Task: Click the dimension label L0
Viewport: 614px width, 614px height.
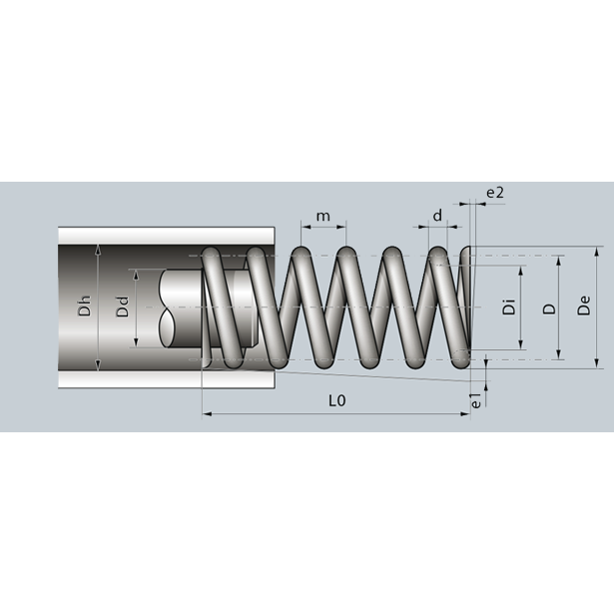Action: pyautogui.click(x=337, y=400)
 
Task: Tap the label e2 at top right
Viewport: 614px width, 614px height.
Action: pyautogui.click(x=495, y=193)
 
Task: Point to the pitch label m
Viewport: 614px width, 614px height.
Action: pyautogui.click(x=323, y=217)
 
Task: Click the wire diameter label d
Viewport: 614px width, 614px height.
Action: pyautogui.click(x=437, y=215)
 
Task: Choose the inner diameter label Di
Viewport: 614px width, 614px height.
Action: pyautogui.click(x=509, y=307)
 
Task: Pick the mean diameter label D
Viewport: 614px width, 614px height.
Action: pyautogui.click(x=549, y=308)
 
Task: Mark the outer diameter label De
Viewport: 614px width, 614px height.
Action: pyautogui.click(x=584, y=306)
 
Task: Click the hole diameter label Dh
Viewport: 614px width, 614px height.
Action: pyautogui.click(x=85, y=307)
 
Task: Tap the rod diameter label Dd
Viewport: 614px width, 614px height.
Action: pyautogui.click(x=123, y=307)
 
